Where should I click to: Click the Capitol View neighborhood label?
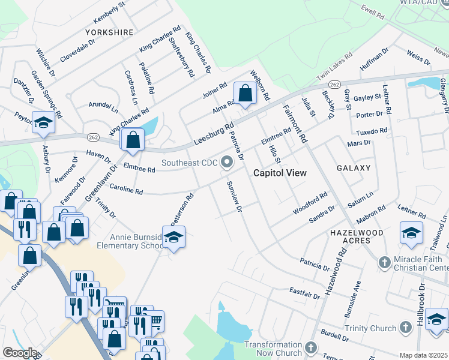pos(280,173)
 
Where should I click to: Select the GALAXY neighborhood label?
pos(354,168)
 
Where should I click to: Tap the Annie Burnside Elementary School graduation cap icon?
pos(173,238)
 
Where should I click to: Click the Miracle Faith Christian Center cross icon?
pos(385,262)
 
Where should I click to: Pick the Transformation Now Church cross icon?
pos(310,348)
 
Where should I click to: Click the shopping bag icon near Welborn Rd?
pos(244,93)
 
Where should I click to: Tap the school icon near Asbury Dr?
pos(43,123)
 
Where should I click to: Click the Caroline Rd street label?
pos(125,191)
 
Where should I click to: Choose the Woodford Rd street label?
pos(310,203)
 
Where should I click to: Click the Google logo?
pos(20,353)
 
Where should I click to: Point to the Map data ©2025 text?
pos(423,355)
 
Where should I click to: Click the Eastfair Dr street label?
pos(303,292)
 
